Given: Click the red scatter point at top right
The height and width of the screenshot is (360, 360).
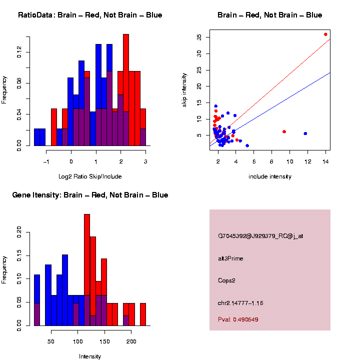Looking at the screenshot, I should [x=325, y=34].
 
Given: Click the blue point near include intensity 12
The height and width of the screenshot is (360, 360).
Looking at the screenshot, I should [x=305, y=133].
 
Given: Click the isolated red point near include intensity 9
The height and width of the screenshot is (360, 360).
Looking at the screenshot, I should [x=284, y=131].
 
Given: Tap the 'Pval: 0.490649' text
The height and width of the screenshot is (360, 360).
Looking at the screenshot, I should [x=238, y=319].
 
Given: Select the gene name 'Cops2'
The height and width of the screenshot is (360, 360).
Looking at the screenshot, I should [x=226, y=280].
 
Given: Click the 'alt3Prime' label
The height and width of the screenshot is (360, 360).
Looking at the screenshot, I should [x=230, y=258].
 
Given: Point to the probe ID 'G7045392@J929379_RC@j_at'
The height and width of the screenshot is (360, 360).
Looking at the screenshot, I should [x=260, y=236].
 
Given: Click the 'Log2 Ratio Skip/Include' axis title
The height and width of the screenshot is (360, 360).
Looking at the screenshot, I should [x=89, y=176].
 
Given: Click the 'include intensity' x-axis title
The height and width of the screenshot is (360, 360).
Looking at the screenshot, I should [x=270, y=176].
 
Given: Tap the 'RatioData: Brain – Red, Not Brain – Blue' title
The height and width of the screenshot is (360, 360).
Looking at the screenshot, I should [x=90, y=15].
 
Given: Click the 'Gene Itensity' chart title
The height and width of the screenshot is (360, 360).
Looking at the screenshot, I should [x=90, y=195].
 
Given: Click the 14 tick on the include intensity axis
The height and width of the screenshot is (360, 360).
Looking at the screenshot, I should [x=325, y=161].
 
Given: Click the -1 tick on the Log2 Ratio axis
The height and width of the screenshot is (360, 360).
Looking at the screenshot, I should [x=46, y=161].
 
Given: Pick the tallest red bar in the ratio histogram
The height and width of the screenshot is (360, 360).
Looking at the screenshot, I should [x=126, y=90].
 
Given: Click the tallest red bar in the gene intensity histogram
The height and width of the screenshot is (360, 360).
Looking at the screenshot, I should [x=87, y=270].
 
